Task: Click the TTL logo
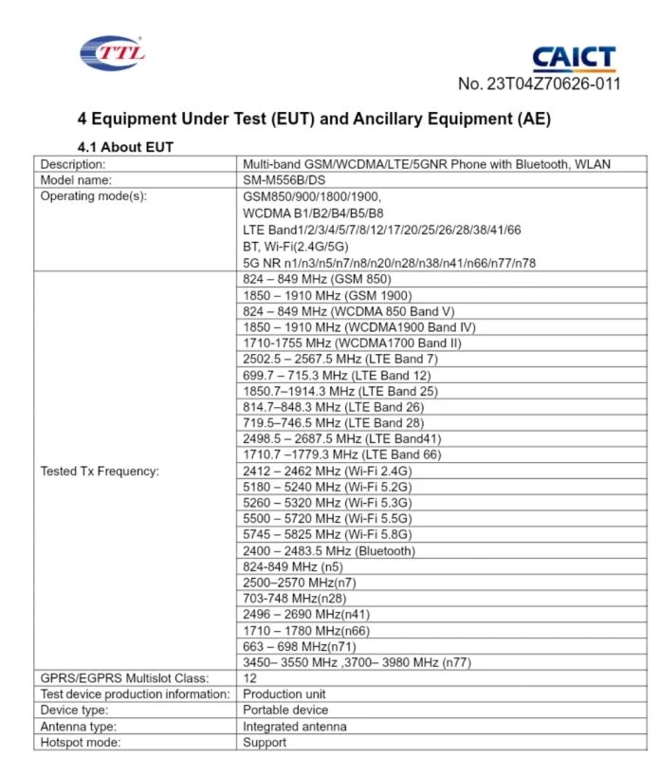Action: (112, 52)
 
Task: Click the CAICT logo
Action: (574, 59)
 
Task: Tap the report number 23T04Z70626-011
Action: (539, 83)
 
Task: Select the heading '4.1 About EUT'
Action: (124, 146)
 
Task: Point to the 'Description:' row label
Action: (72, 163)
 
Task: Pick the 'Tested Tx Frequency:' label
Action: (100, 471)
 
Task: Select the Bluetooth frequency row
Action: (329, 550)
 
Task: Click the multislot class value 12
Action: (250, 678)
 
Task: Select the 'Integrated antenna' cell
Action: (295, 726)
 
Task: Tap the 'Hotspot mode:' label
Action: (81, 742)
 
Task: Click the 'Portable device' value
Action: (285, 710)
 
